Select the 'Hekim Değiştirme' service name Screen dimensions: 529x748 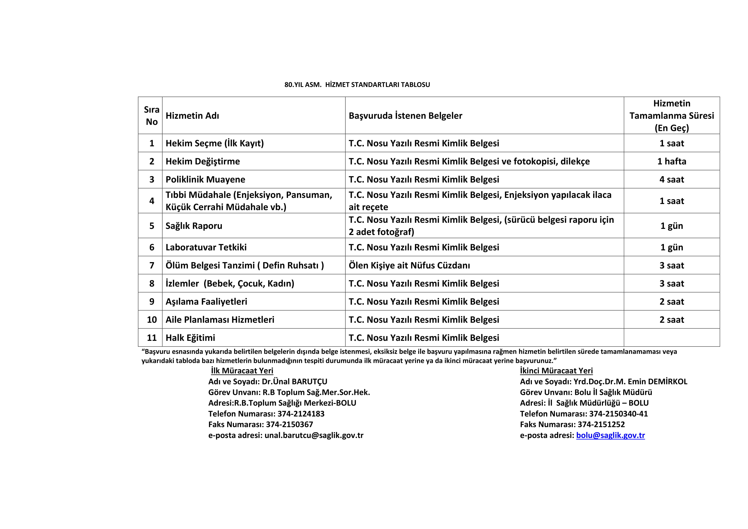203,161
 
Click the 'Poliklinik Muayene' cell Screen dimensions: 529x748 205,180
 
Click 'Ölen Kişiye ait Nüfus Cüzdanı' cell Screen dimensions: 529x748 409,265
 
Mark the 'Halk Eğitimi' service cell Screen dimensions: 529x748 190,338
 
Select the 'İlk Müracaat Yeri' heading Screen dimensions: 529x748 242,371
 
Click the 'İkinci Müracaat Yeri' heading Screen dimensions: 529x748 556,371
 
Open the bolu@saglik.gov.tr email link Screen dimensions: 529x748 610,435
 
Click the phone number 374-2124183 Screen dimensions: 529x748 301,414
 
